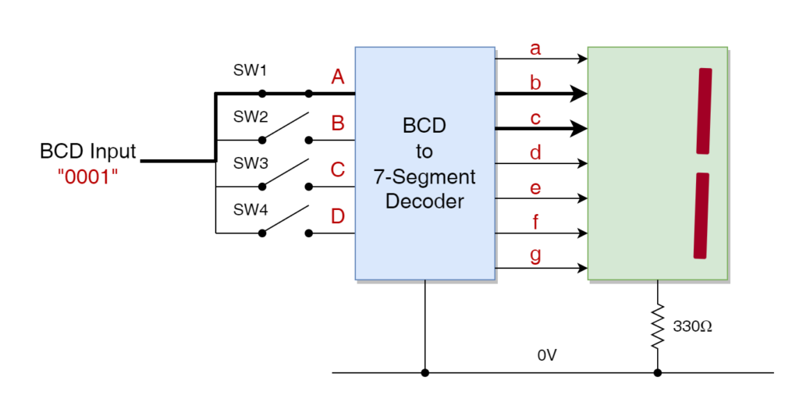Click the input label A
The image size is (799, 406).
338,77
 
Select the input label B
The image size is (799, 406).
338,123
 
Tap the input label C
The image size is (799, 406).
338,169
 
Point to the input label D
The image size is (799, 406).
338,216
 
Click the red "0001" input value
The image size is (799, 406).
87,176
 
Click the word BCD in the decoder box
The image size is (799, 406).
424,126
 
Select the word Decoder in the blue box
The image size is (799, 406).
424,201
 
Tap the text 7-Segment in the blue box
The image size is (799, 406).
424,176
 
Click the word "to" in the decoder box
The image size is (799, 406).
424,151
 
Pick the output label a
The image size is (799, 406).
535,48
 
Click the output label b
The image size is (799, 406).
535,83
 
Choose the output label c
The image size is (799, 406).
535,119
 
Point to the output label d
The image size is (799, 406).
535,153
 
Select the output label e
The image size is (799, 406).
535,188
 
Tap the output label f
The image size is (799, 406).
535,223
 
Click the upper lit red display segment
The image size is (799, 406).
704,111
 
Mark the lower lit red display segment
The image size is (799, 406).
701,215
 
